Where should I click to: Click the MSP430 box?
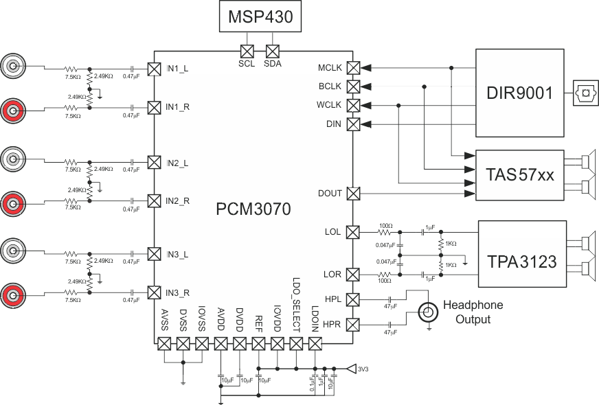[x=260, y=16]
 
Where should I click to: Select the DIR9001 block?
[x=519, y=93]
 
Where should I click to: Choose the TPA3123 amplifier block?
[x=522, y=261]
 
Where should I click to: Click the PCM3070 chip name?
[x=253, y=208]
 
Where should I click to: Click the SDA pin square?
[x=273, y=51]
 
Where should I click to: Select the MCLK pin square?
[x=353, y=68]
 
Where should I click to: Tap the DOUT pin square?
[x=353, y=194]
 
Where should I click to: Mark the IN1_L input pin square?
[x=155, y=69]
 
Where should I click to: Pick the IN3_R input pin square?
[x=155, y=293]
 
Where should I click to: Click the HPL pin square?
[x=353, y=300]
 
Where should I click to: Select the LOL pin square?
[x=353, y=232]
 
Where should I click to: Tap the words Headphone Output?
[x=473, y=312]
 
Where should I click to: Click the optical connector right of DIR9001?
[x=584, y=92]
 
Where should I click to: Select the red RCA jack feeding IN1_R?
[x=14, y=108]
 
